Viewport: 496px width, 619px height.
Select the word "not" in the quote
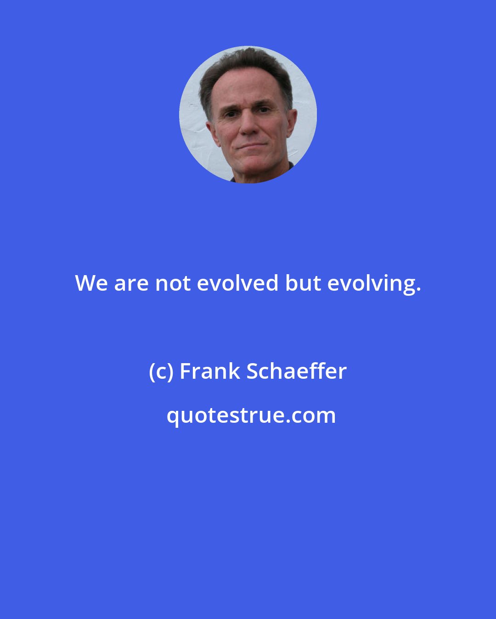[172, 283]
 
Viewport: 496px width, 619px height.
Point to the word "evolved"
[237, 283]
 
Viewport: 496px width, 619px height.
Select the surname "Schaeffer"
[296, 371]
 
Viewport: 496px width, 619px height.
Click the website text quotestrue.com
[251, 416]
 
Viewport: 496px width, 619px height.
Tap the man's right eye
[229, 112]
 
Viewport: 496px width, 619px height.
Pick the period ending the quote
[418, 290]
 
